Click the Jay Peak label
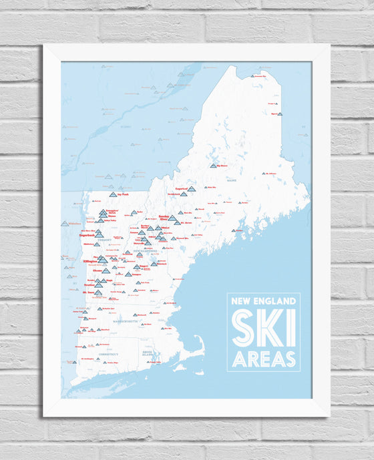[122, 194]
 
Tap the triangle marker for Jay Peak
[112, 194]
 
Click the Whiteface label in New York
[73, 224]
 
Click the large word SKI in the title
[263, 328]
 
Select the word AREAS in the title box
[263, 359]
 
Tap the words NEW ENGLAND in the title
[263, 302]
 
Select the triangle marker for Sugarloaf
[192, 189]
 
